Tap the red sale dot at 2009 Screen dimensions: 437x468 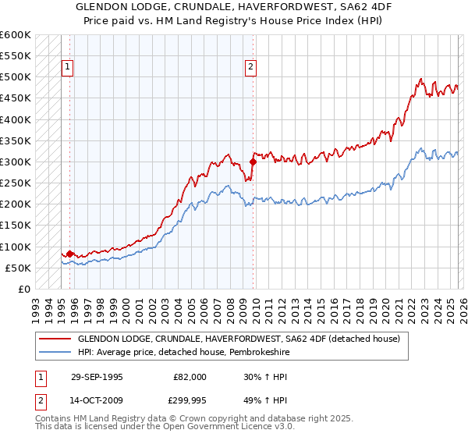(x=253, y=162)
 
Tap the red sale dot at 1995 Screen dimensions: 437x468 (x=70, y=254)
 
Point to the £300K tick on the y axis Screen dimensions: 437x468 (x=16, y=162)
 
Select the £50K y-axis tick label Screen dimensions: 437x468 (x=18, y=268)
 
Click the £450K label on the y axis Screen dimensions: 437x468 (x=16, y=99)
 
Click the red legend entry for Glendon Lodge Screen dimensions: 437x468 (x=239, y=339)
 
